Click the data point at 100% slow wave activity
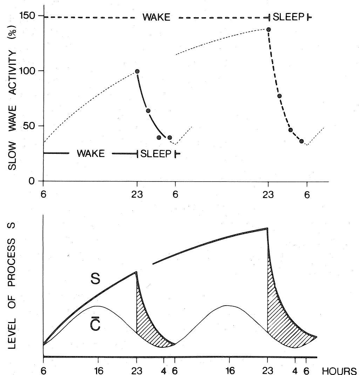coord(137,71)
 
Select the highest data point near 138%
coord(269,29)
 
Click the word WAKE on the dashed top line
coord(156,17)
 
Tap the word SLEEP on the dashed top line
coord(287,17)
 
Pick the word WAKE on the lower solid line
coord(90,154)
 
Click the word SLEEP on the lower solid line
coord(156,154)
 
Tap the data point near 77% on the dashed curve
coord(279,96)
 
